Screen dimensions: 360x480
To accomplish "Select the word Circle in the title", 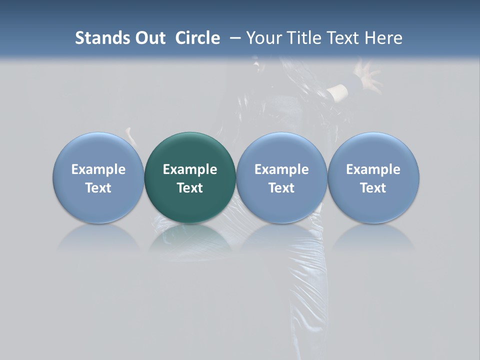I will (197, 38).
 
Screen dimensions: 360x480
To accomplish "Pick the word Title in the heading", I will (301, 38).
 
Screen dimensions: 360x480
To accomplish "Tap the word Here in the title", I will (384, 38).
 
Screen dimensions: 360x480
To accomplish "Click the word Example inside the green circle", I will (190, 169).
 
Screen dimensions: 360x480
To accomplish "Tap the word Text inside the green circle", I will (190, 188).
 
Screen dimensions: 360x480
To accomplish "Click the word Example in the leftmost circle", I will (98, 169).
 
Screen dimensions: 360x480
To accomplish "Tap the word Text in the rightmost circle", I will (373, 188).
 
